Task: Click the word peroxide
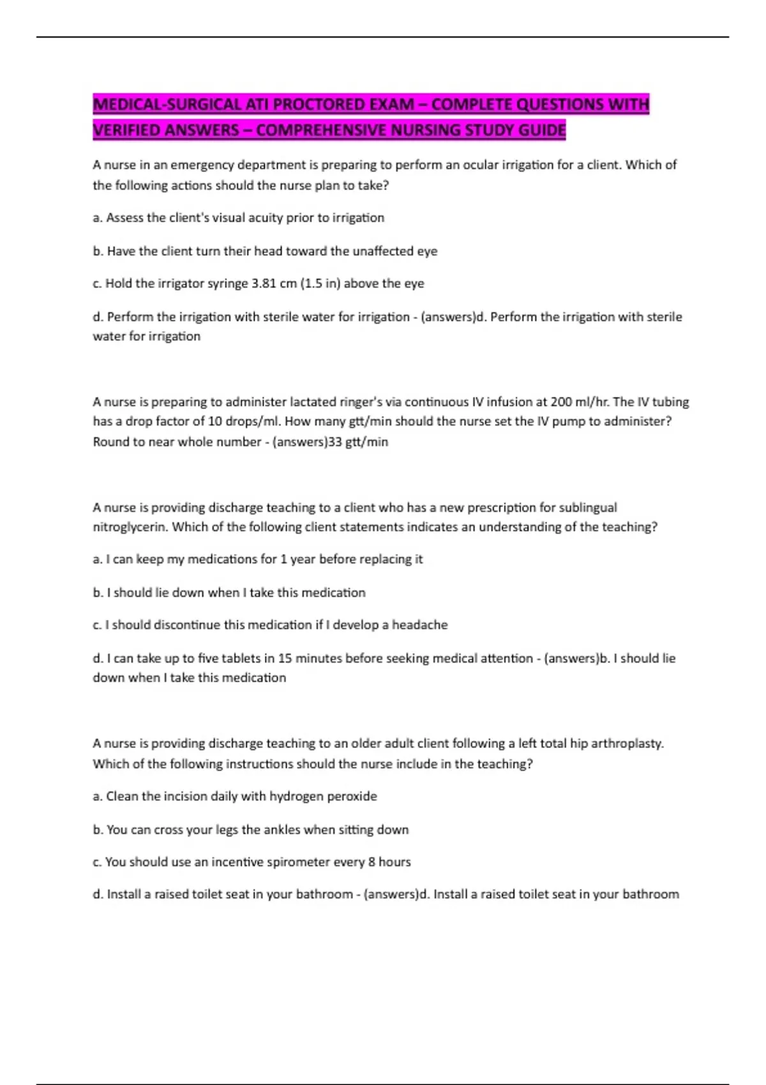coord(352,797)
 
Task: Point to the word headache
coord(419,625)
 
